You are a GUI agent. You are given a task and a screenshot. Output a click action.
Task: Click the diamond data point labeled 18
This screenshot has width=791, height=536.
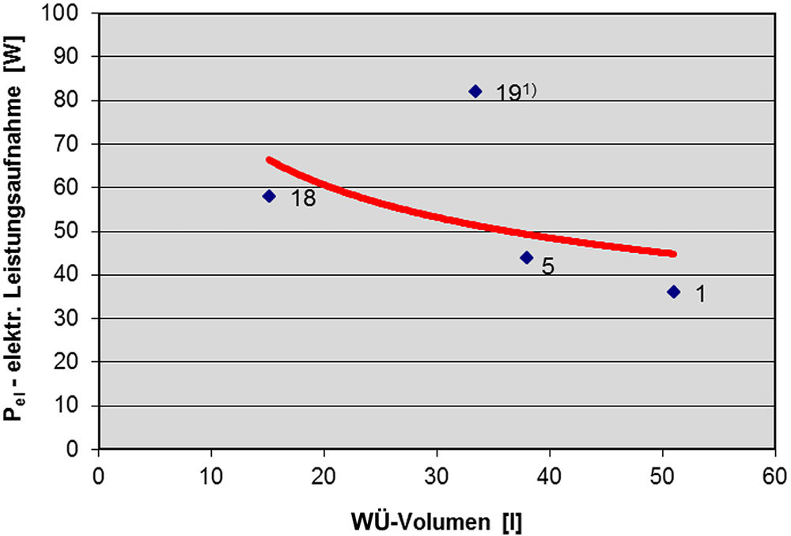(269, 196)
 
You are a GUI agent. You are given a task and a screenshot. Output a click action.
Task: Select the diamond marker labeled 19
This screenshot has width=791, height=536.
(475, 91)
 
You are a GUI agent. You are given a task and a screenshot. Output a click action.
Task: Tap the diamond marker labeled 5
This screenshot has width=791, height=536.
(527, 258)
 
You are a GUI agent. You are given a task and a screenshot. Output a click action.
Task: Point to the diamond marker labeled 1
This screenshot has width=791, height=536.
(673, 292)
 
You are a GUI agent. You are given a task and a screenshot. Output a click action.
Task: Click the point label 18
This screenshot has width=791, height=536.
(303, 198)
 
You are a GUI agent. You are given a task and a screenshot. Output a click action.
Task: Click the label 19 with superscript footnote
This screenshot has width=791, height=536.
(516, 93)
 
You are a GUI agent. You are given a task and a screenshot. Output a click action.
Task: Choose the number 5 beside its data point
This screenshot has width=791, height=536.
(547, 266)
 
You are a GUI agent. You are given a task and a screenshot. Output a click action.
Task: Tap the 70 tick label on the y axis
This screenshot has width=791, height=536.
(76, 144)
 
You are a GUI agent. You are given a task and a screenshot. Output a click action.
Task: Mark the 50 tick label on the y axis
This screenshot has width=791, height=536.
(76, 232)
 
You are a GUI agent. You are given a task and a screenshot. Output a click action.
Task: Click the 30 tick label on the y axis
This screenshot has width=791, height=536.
(76, 319)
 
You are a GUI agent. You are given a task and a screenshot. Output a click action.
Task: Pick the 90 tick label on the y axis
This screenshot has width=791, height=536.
(76, 57)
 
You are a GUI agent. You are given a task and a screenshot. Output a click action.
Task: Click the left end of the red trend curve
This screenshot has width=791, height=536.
(269, 160)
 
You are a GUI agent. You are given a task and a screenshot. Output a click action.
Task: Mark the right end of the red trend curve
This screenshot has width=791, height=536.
(673, 254)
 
